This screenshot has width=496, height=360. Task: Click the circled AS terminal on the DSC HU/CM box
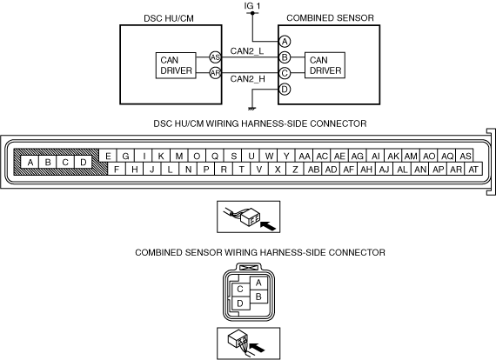(215, 57)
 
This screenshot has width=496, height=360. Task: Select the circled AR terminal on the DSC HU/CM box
(215, 73)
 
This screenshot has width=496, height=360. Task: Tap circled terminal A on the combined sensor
(285, 42)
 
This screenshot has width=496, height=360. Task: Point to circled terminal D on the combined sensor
(285, 90)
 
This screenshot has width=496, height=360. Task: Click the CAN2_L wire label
(247, 51)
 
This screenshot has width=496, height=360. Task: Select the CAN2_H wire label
(247, 79)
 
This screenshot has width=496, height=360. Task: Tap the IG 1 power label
(252, 6)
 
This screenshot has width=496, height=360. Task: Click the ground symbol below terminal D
(251, 109)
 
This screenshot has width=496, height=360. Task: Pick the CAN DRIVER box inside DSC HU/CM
(176, 65)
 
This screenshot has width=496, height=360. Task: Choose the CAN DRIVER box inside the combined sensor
(325, 65)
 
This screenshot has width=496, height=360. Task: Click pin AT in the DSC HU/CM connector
(473, 170)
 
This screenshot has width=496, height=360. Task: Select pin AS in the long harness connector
(465, 157)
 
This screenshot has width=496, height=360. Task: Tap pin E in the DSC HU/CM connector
(108, 157)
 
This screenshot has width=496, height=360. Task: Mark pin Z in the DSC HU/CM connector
(295, 170)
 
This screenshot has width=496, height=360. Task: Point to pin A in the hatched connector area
(30, 162)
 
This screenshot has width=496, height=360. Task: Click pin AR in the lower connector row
(456, 170)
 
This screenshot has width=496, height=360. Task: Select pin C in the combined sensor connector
(240, 290)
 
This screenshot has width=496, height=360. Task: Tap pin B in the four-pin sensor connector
(258, 297)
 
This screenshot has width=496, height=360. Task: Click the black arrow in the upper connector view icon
(268, 226)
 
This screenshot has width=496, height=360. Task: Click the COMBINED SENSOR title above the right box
(330, 18)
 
